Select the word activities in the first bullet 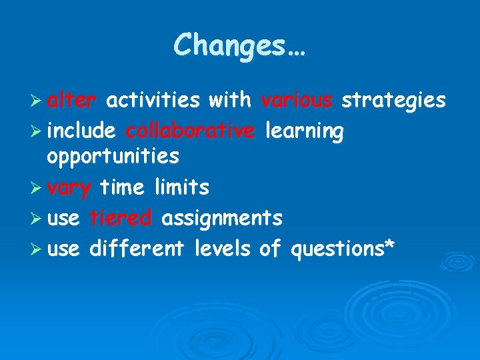click(153, 100)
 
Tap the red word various click(297, 100)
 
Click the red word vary click(69, 189)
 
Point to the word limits click(182, 188)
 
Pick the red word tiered click(121, 218)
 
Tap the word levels click(223, 249)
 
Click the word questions click(336, 250)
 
